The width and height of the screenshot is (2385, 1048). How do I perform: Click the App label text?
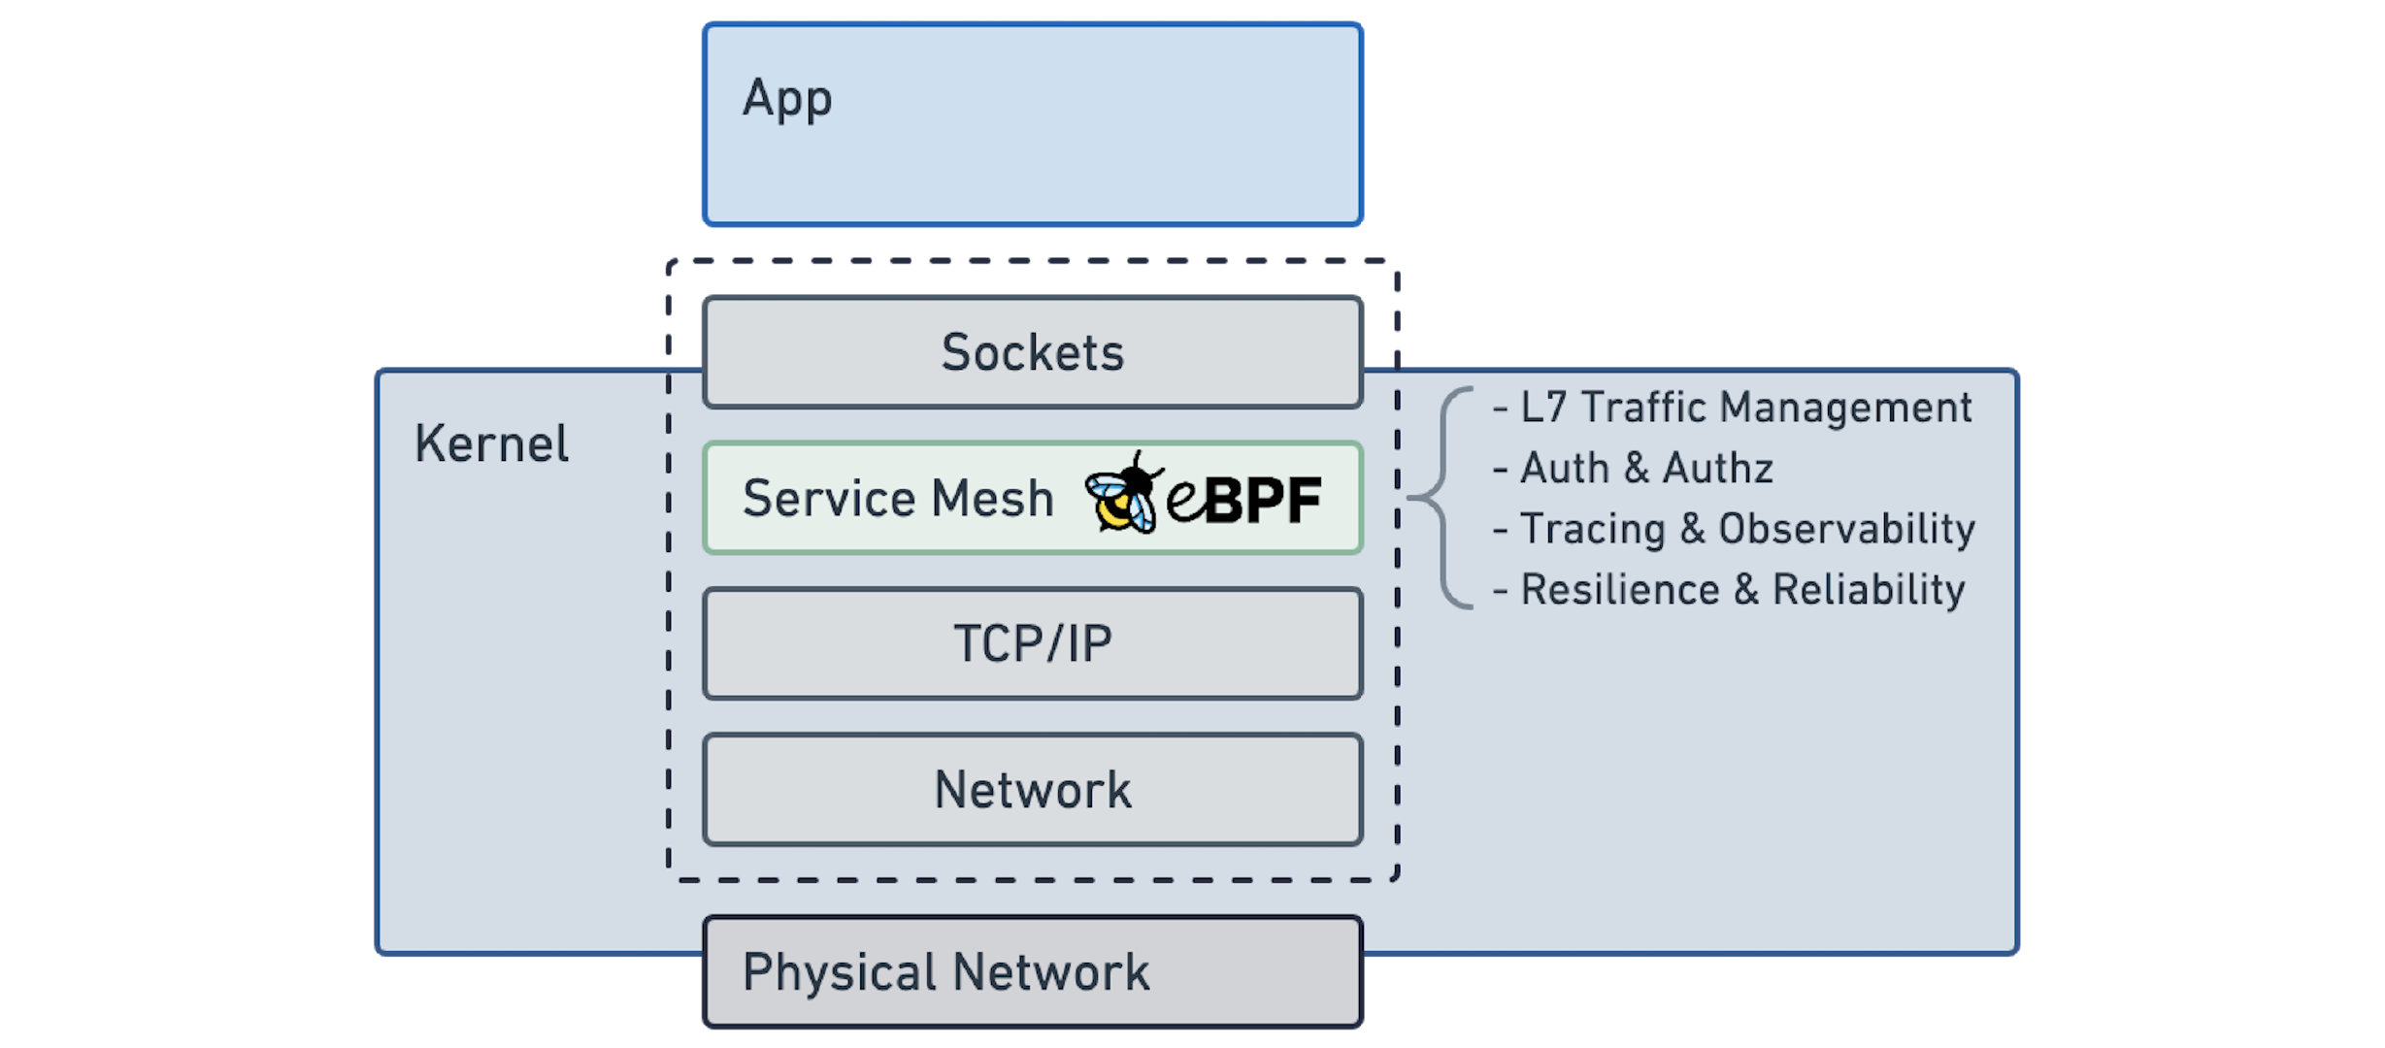(x=786, y=99)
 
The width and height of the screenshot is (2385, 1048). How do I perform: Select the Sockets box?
(x=1033, y=352)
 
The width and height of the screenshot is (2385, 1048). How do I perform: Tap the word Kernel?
(x=491, y=444)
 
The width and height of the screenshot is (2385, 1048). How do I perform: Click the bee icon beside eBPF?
(x=1123, y=494)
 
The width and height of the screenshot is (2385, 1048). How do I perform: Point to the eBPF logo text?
(x=1244, y=500)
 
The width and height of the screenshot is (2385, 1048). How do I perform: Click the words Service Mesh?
(x=898, y=499)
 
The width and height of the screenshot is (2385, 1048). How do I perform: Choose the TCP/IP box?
(x=1033, y=643)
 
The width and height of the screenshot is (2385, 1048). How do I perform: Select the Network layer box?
(x=1033, y=790)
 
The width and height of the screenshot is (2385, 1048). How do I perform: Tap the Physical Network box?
(x=1033, y=971)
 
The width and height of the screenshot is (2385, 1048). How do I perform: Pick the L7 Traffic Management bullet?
(x=1733, y=408)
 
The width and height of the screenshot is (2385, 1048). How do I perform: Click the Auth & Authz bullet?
(x=1634, y=469)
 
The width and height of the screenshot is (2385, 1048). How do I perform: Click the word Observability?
(x=1846, y=529)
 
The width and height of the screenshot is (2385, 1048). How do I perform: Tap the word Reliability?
(x=1869, y=590)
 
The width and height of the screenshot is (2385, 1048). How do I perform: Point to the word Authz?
(x=1717, y=469)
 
